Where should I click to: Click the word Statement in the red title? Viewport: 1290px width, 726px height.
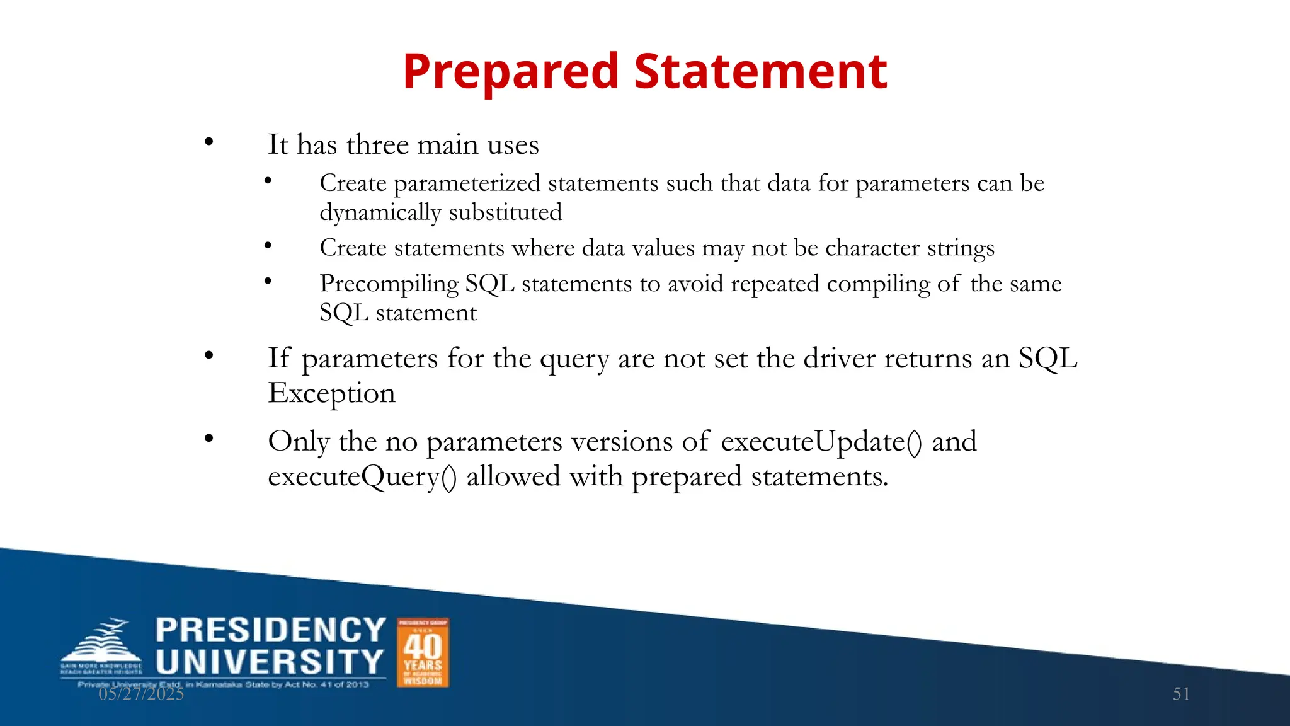click(760, 71)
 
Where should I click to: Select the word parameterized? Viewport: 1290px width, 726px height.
click(467, 184)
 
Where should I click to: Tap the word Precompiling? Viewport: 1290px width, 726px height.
click(389, 284)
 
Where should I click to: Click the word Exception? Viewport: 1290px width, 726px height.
click(331, 394)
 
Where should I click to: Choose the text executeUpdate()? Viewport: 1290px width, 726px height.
click(821, 442)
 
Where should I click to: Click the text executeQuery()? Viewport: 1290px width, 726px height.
click(362, 477)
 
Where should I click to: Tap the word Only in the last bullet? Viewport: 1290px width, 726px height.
click(299, 442)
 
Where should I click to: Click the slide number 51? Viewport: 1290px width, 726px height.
click(1181, 694)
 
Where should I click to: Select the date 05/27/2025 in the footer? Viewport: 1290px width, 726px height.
click(141, 694)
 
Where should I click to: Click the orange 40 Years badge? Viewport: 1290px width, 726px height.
click(423, 652)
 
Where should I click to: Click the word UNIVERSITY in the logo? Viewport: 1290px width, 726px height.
click(270, 662)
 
